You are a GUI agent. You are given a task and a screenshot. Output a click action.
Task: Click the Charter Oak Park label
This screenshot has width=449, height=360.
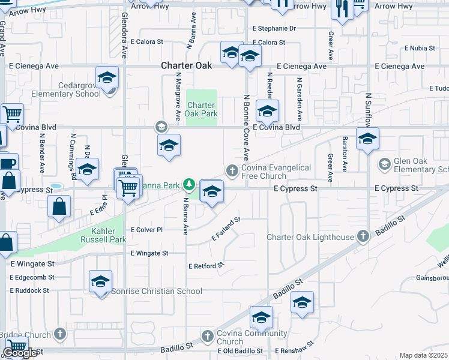[201, 109]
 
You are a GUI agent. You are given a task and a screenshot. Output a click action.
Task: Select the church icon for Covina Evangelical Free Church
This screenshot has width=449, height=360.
[232, 172]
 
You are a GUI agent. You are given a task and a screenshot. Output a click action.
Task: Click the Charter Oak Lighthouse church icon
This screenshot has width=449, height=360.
[363, 236]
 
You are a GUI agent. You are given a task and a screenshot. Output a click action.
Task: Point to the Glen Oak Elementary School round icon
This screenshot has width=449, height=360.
[384, 163]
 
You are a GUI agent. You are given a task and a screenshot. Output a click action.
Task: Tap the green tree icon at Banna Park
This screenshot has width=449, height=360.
[190, 184]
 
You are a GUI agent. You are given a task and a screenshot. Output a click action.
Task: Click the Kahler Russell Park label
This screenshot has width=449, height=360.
[101, 235]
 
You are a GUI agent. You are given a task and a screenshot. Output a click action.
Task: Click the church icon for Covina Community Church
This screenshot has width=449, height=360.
[207, 336]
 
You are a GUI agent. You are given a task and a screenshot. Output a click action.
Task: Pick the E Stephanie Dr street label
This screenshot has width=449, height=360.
[274, 28]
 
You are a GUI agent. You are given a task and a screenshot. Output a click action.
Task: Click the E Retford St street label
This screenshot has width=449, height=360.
[206, 265]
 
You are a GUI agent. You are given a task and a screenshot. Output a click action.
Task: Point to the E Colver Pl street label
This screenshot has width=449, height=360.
[146, 230]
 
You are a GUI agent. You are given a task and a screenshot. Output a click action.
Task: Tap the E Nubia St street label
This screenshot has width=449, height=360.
[423, 47]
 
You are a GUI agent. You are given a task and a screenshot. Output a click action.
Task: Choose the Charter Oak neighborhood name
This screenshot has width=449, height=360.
[186, 66]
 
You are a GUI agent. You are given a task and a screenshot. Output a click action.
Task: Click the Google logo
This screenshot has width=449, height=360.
[20, 353]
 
